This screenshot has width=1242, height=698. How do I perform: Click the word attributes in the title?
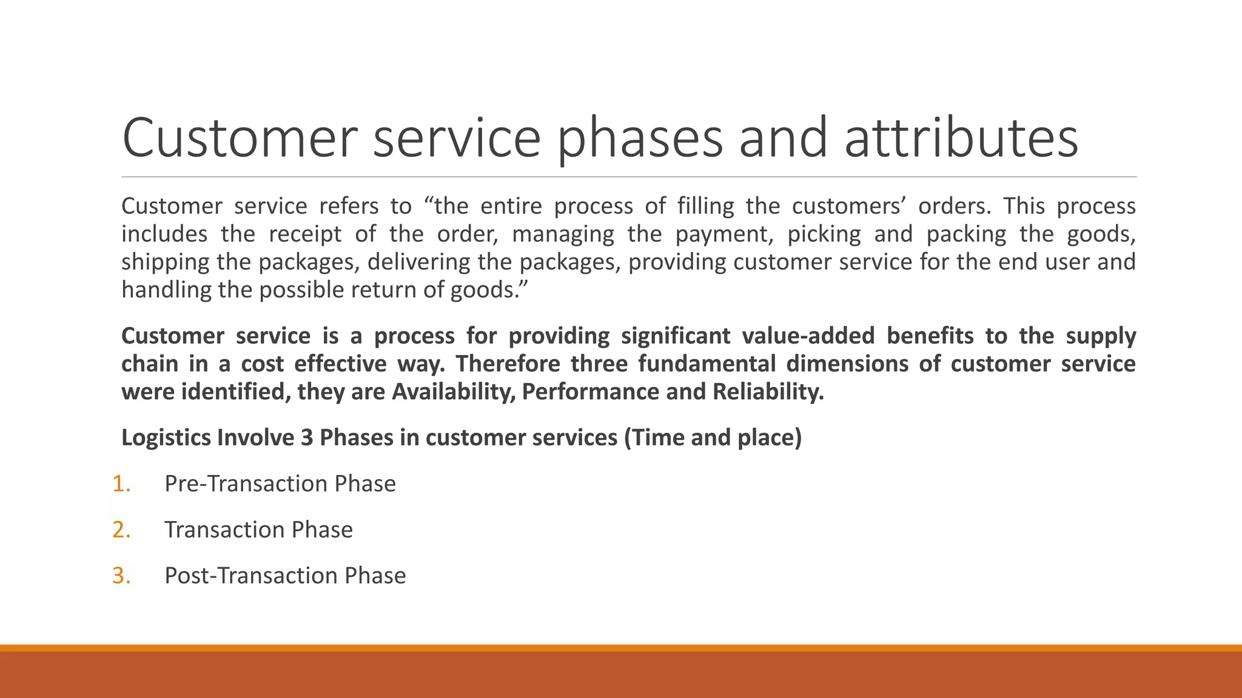tap(961, 138)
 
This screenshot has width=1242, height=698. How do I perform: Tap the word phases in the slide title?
tap(640, 138)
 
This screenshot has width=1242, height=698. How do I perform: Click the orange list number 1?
tap(121, 484)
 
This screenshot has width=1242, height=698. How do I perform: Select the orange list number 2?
tap(121, 530)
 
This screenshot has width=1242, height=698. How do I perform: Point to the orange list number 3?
tap(121, 576)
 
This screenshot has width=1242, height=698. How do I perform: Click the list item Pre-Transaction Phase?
tap(280, 484)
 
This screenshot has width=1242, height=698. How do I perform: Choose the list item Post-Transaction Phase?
tap(285, 576)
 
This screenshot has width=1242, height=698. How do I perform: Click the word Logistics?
tap(166, 437)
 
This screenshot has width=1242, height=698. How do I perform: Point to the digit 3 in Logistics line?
tap(307, 437)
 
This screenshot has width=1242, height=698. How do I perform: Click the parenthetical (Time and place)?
tap(713, 437)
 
